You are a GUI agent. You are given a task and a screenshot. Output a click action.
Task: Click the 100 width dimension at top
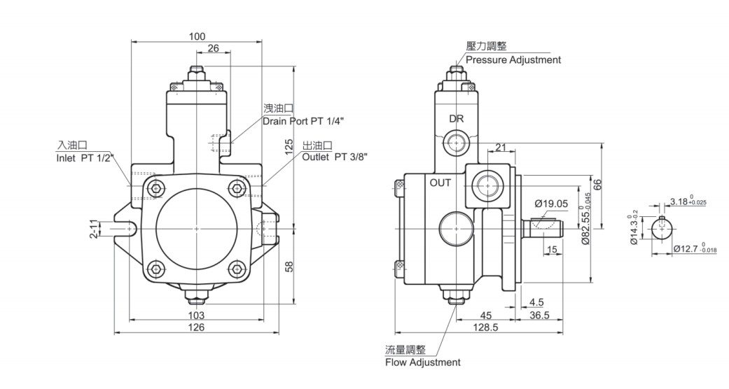click(x=197, y=36)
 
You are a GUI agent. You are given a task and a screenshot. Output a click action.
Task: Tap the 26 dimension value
click(x=213, y=48)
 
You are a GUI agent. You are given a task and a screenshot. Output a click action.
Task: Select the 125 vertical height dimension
click(x=289, y=146)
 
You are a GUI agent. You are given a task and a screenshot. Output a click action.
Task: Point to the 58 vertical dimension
click(x=289, y=267)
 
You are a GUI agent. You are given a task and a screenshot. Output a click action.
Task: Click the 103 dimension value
click(x=196, y=315)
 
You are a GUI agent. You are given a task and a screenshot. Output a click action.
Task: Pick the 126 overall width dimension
click(x=196, y=327)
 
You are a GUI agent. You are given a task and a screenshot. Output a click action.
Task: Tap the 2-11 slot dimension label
click(x=94, y=229)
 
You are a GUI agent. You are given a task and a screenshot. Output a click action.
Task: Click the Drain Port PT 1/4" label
click(x=303, y=121)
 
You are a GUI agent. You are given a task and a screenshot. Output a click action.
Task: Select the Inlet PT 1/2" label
click(x=85, y=158)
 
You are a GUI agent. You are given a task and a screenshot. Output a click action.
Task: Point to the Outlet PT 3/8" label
click(x=335, y=157)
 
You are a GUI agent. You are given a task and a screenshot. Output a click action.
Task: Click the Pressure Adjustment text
click(x=513, y=60)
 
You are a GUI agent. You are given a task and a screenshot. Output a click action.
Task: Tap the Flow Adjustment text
click(x=422, y=362)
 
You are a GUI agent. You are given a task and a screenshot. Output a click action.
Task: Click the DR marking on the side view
click(x=457, y=118)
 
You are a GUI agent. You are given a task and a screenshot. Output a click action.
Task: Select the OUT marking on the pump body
click(x=440, y=183)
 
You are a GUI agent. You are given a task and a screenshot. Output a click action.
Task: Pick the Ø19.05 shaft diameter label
click(x=551, y=204)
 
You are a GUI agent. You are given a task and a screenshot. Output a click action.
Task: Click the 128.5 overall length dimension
click(x=485, y=327)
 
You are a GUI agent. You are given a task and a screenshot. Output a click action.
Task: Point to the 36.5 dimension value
click(x=539, y=315)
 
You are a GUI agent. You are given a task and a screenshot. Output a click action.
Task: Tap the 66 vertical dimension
click(x=598, y=185)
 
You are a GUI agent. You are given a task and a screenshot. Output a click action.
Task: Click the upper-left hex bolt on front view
click(x=157, y=188)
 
